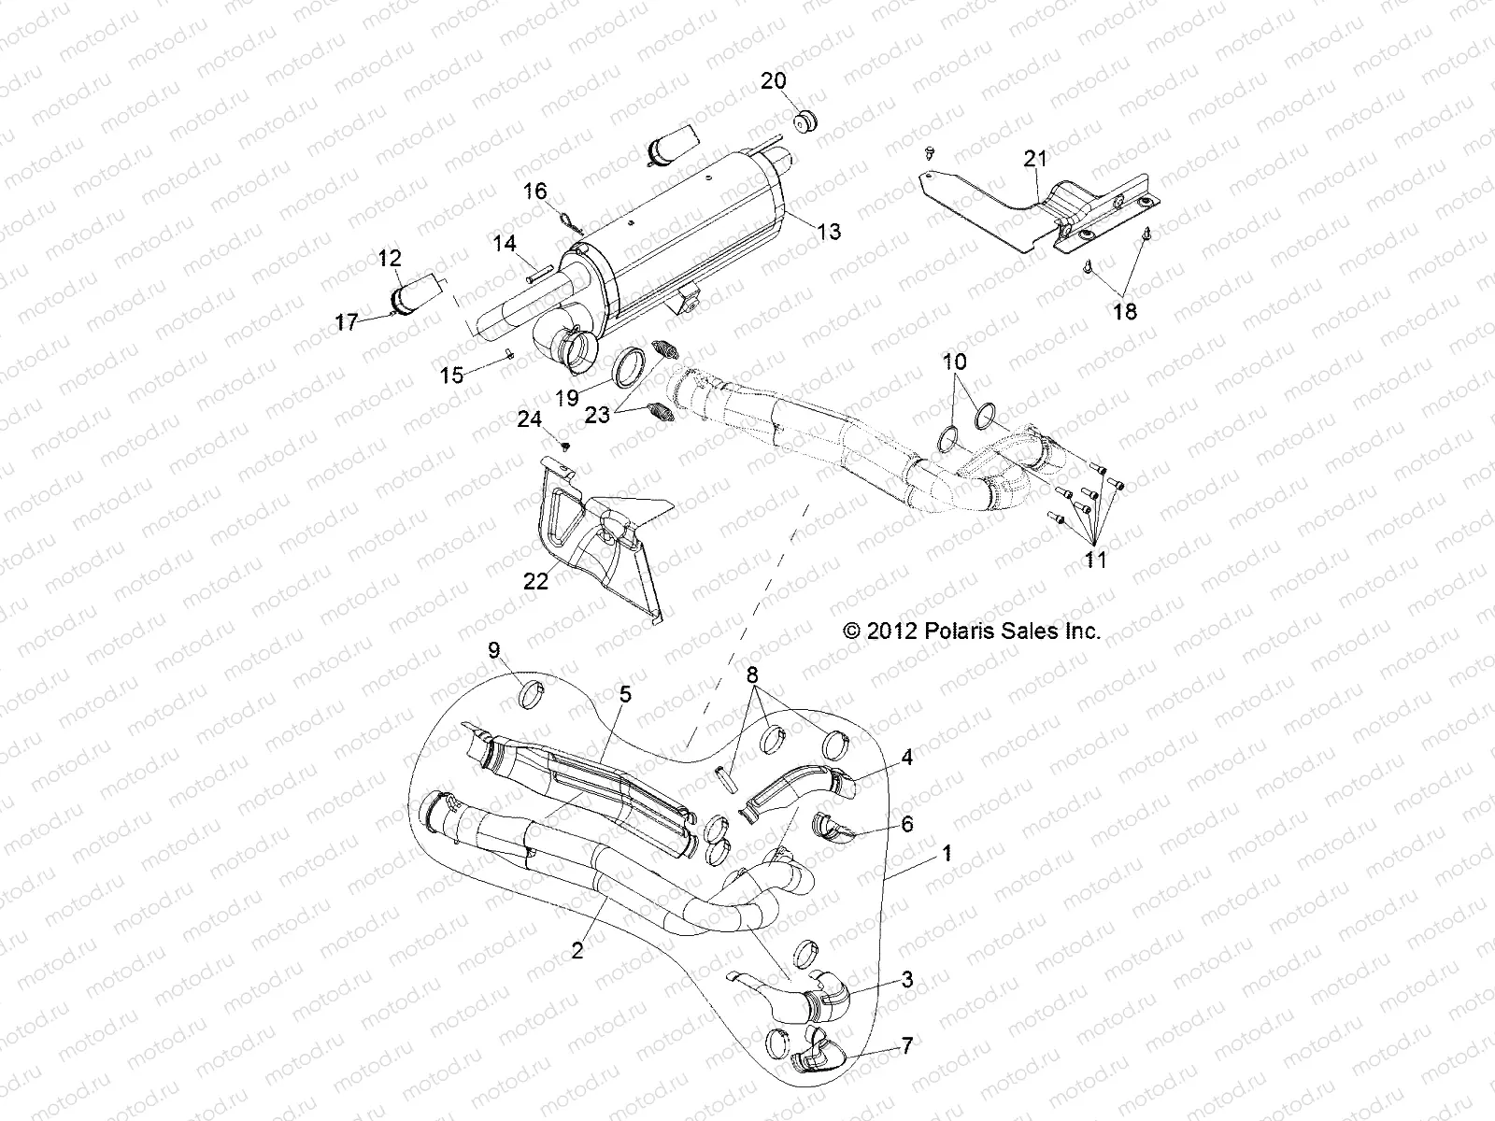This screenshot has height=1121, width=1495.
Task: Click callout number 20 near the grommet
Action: point(773,81)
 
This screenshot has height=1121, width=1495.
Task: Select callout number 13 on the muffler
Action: point(828,232)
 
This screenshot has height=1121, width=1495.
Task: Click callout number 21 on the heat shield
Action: point(1034,160)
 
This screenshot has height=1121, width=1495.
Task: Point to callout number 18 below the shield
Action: point(1126,311)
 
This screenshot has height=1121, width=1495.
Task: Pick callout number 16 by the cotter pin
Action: point(534,192)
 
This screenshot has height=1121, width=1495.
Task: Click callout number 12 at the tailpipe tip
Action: point(390,257)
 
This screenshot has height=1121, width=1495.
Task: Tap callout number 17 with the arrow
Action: point(348,322)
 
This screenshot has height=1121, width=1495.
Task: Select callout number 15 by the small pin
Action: point(451,375)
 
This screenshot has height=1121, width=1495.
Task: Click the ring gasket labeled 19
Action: point(632,364)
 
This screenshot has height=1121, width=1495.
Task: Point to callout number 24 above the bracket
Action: point(530,420)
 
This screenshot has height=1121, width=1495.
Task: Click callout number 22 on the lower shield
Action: point(535,580)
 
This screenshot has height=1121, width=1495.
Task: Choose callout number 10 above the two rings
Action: point(955,362)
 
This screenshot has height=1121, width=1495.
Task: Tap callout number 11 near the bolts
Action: point(1095,560)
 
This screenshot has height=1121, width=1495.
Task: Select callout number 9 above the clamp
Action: point(494,651)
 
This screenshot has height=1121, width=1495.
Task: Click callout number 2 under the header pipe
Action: point(577,950)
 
